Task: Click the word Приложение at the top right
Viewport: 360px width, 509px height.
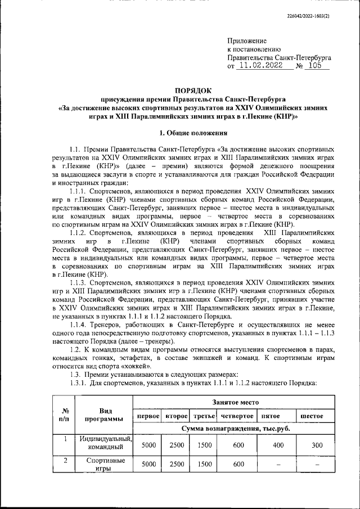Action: click(x=247, y=41)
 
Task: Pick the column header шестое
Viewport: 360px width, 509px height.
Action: click(x=312, y=415)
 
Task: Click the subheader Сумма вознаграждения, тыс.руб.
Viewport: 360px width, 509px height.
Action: click(x=235, y=429)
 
